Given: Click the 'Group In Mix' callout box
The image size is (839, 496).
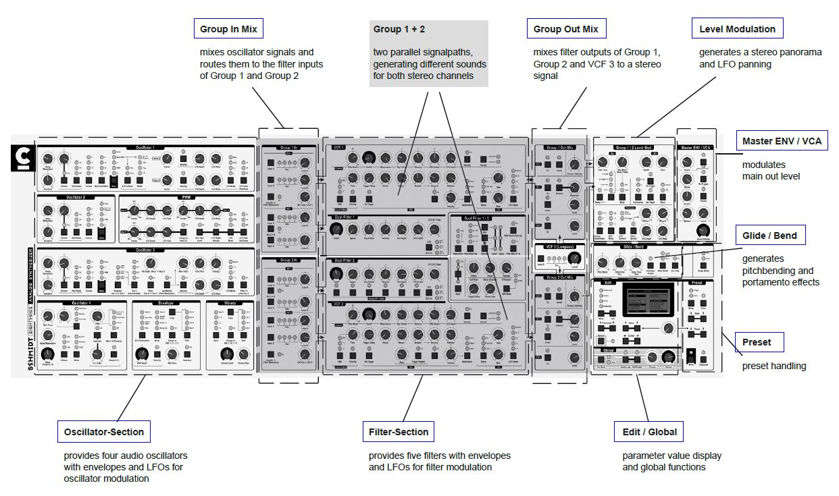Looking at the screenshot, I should pyautogui.click(x=228, y=29).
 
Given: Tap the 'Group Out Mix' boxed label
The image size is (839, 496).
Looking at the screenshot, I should pyautogui.click(x=565, y=29).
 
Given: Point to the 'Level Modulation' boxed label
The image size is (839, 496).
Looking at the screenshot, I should pyautogui.click(x=737, y=29).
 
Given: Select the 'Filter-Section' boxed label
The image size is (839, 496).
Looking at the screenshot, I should pyautogui.click(x=399, y=431).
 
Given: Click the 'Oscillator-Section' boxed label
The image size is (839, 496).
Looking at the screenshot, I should pyautogui.click(x=104, y=431).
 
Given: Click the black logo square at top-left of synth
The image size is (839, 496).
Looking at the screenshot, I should pyautogui.click(x=24, y=158).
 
